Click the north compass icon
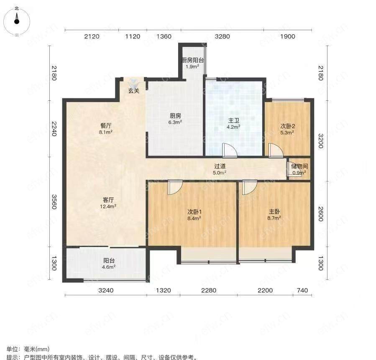tap(17, 21)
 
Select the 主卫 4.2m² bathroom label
tap(233, 123)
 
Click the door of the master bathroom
tap(230, 151)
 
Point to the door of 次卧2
tap(276, 151)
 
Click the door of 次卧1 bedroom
tap(175, 187)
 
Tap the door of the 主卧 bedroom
tap(249, 187)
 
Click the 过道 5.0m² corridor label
tap(220, 169)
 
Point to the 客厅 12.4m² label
tap(108, 203)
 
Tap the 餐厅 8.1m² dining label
tap(106, 129)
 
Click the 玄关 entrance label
tap(133, 91)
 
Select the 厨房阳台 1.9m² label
tap(192, 63)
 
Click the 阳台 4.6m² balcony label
tap(109, 263)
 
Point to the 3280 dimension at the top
tap(222, 36)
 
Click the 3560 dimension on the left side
tap(54, 202)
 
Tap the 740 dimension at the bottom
tap(302, 290)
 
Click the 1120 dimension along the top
tap(133, 36)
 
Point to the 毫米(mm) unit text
tap(36, 349)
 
